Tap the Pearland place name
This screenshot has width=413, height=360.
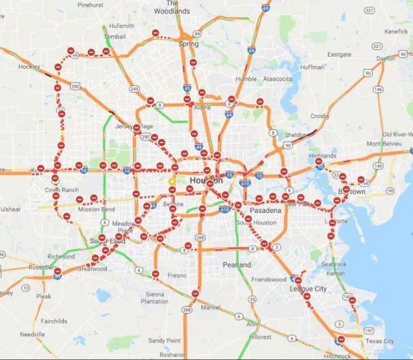[236, 265]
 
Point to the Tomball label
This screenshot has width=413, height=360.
[115, 37]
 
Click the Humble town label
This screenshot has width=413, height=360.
[246, 79]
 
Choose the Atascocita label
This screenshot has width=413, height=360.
[276, 79]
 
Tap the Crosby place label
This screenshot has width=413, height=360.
[319, 116]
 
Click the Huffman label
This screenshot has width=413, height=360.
[312, 66]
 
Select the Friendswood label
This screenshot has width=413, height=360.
[268, 279]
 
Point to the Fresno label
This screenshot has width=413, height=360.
[177, 275]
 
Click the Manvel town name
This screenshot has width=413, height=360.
[210, 308]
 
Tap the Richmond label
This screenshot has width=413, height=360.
[61, 256]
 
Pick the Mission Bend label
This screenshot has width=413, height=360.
[96, 209]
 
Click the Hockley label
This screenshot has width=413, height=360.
[29, 66]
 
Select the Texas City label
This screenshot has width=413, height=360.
[379, 341]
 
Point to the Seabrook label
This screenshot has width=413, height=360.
[334, 264]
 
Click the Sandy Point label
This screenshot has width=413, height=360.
[164, 340]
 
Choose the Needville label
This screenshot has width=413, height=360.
[32, 334]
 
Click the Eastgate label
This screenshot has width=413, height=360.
[339, 55]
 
